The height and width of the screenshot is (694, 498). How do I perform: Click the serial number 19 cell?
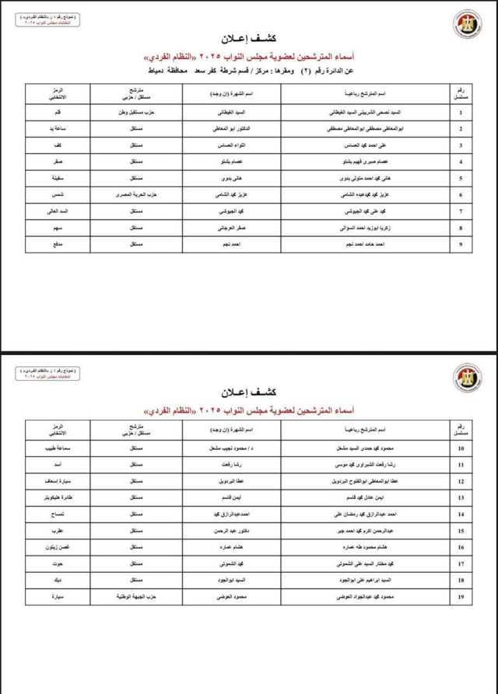[x=461, y=596]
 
